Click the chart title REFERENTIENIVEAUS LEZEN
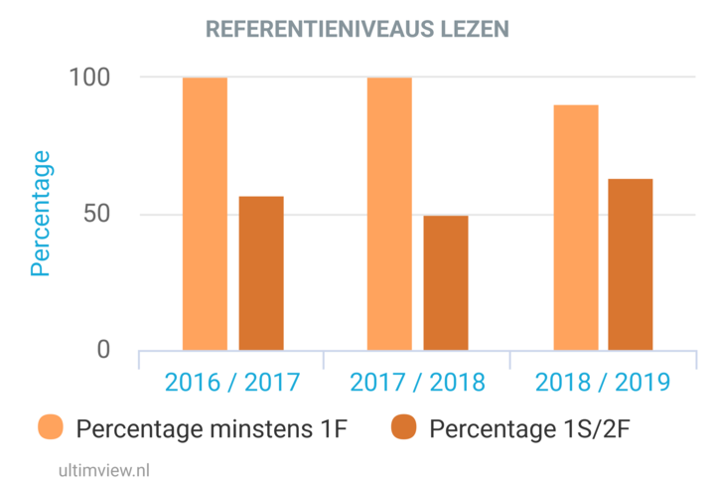coord(357,30)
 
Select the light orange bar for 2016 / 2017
coord(205,214)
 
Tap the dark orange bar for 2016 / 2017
coord(261,273)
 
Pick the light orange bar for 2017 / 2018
coord(389,214)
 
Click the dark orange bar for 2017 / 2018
coord(446,283)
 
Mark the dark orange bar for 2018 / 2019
coord(631,264)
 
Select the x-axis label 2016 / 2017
coord(231,382)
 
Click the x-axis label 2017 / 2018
coord(417,382)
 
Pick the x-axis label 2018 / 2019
coord(603,382)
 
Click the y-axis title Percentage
coord(40,213)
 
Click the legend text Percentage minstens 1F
coord(213,428)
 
